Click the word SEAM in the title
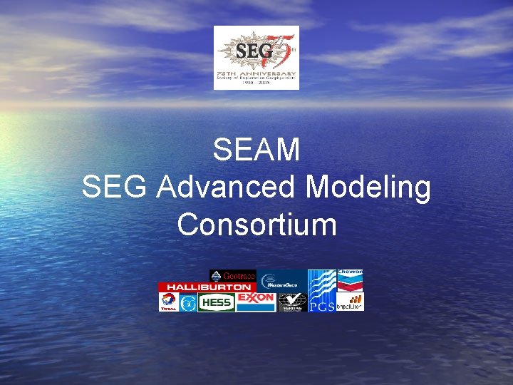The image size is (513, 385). coord(256,150)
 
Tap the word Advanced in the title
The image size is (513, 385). coord(228,188)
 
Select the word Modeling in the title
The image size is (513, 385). coord(368,188)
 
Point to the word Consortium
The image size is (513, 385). coord(256,225)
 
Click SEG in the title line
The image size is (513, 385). coord(115,188)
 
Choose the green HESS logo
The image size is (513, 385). coord(217,303)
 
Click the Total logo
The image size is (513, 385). coord(168,302)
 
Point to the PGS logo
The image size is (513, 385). coord(321,291)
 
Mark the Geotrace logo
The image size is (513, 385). coord(232,276)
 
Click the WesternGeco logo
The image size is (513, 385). coord(282,280)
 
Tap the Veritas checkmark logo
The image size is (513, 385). coord(292,302)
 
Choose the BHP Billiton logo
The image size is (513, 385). coord(350,302)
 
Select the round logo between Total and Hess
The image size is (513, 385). coord(188,303)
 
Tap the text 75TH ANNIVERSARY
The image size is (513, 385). coord(256,73)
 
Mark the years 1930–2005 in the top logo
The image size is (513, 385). coord(256,84)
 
